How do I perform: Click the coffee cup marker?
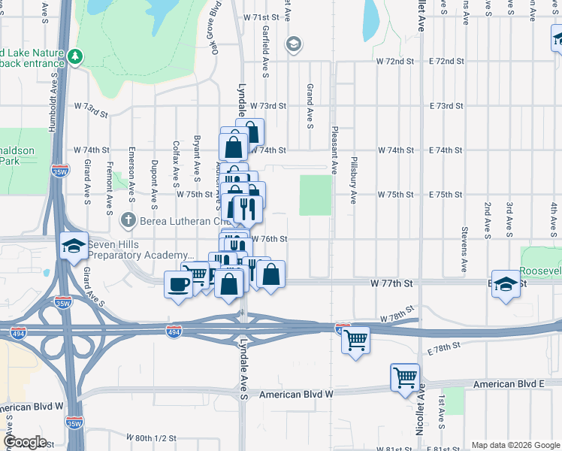[178, 284]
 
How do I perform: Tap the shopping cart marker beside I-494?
[355, 339]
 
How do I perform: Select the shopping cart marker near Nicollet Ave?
[405, 377]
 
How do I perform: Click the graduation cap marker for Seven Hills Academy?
[74, 246]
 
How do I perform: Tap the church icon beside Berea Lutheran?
[128, 220]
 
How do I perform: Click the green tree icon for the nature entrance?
[75, 56]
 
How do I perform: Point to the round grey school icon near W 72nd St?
[293, 45]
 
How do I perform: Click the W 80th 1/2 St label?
[151, 437]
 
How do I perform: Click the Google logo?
[24, 442]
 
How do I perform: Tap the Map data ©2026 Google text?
[514, 445]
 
